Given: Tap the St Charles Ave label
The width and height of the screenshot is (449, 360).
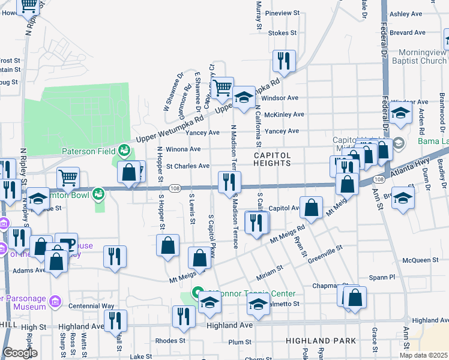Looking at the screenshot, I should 188,166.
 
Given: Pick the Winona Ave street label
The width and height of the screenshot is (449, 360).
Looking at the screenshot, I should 183,149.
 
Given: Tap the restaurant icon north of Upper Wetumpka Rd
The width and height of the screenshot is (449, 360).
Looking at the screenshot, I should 284,60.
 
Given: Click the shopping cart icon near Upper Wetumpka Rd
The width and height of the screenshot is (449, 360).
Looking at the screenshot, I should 222,88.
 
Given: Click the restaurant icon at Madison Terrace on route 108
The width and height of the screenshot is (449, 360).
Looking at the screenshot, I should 229,181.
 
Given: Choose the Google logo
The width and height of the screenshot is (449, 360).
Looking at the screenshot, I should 20,353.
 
